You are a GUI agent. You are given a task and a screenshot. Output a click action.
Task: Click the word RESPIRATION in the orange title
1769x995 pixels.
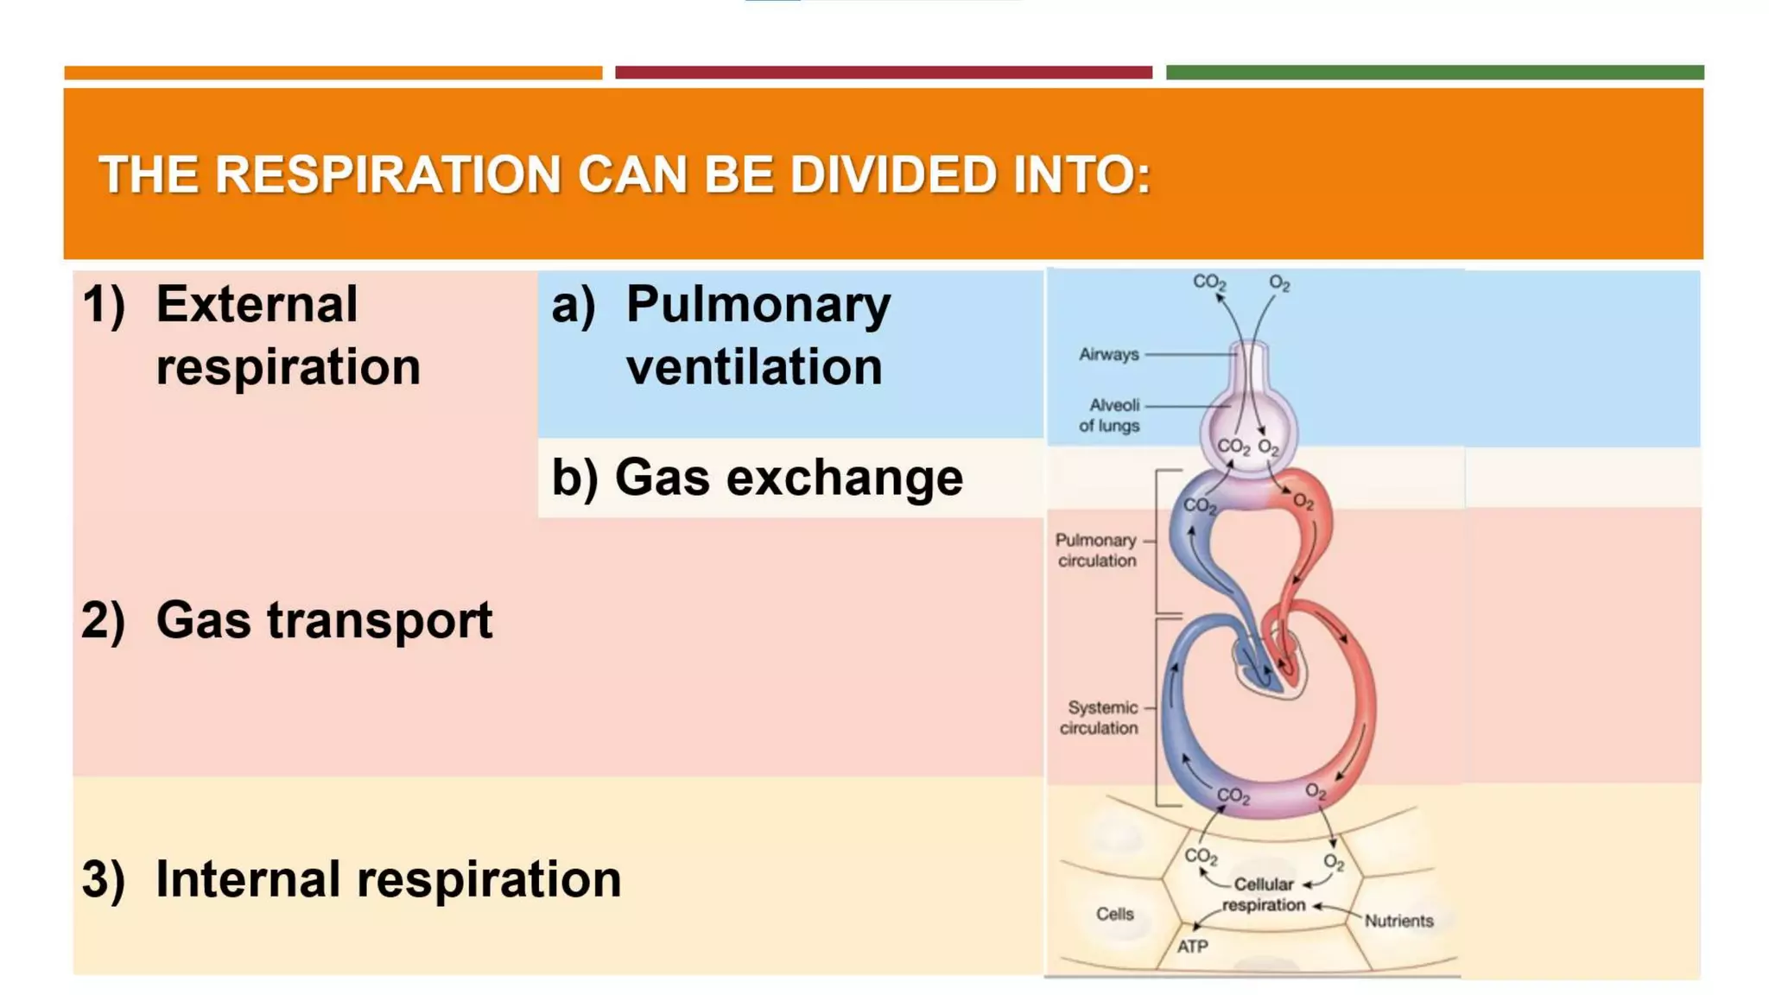click(387, 174)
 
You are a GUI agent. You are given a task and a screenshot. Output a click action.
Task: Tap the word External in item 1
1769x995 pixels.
click(257, 305)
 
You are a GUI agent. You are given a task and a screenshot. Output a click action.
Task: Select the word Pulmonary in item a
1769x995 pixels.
click(758, 305)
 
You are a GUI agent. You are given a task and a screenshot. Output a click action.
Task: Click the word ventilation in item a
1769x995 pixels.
click(754, 367)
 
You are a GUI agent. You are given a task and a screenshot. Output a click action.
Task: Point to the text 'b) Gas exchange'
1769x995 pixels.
click(757, 478)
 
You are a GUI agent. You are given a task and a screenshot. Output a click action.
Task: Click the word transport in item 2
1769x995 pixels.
click(379, 620)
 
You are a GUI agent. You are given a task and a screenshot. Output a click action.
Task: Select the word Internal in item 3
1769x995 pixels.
click(248, 879)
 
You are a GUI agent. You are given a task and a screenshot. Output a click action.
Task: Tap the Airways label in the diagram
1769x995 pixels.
click(1108, 354)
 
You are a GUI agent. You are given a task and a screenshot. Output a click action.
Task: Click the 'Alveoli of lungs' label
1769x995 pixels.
click(1109, 415)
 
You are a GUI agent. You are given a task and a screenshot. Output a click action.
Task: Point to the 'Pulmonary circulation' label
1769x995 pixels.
click(1095, 550)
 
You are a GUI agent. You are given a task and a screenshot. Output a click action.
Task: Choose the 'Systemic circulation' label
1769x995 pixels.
click(1099, 718)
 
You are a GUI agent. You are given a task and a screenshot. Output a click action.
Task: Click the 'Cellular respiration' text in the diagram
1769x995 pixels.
click(1263, 895)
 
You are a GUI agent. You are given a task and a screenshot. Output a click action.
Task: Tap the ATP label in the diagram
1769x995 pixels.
click(1192, 947)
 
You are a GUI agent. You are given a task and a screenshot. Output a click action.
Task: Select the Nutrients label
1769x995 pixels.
click(1398, 921)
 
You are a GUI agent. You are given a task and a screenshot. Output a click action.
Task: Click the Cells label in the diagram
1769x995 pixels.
click(1114, 914)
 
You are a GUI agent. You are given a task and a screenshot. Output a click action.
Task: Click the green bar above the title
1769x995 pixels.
click(1435, 73)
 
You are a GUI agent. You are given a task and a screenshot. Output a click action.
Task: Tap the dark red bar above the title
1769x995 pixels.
click(883, 73)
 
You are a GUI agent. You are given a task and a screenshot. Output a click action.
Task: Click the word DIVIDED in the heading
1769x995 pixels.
click(893, 174)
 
